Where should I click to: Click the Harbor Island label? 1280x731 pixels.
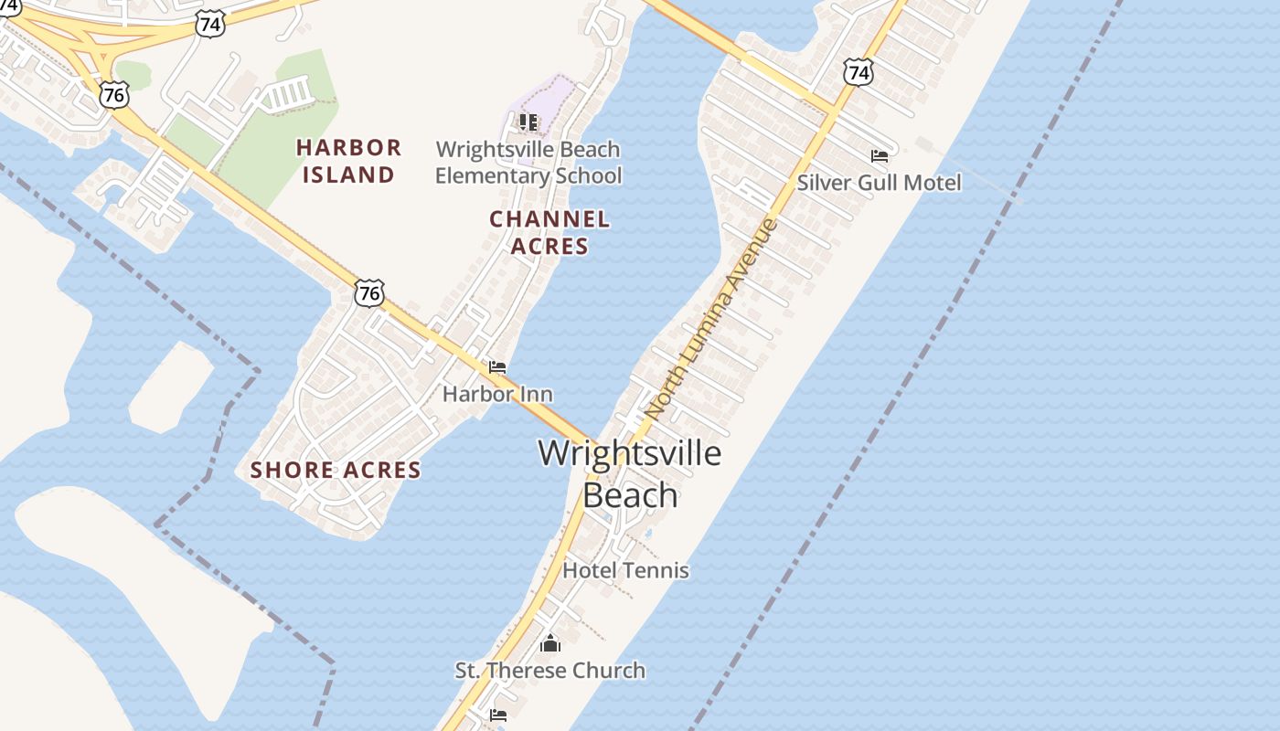coord(348,161)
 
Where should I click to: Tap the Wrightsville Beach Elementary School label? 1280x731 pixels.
coord(528,163)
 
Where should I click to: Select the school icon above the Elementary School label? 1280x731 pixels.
coord(528,122)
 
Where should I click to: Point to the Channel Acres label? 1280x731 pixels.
coord(549,232)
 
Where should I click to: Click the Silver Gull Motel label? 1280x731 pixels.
coord(879,183)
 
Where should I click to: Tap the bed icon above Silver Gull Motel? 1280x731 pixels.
coord(880,156)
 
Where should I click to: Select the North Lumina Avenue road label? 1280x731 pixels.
coord(711,320)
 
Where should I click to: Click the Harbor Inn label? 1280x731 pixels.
coord(497,394)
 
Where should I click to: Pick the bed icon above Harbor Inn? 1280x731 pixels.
coord(497,367)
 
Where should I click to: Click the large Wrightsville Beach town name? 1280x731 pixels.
coord(630,473)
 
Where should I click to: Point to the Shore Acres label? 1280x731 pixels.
coord(336,471)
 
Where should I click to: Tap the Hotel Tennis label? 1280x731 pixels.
coord(625,570)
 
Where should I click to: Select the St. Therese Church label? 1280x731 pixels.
coord(550,671)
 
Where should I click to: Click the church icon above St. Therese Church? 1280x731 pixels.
coord(550,644)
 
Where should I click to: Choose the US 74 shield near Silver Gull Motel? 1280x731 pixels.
coord(859,72)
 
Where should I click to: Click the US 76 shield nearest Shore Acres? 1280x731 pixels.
coord(369,293)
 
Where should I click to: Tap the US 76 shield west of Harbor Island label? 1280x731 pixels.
coord(115,95)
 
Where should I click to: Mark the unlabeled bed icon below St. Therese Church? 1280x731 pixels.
coord(498,715)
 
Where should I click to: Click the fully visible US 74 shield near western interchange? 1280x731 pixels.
coord(210,25)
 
